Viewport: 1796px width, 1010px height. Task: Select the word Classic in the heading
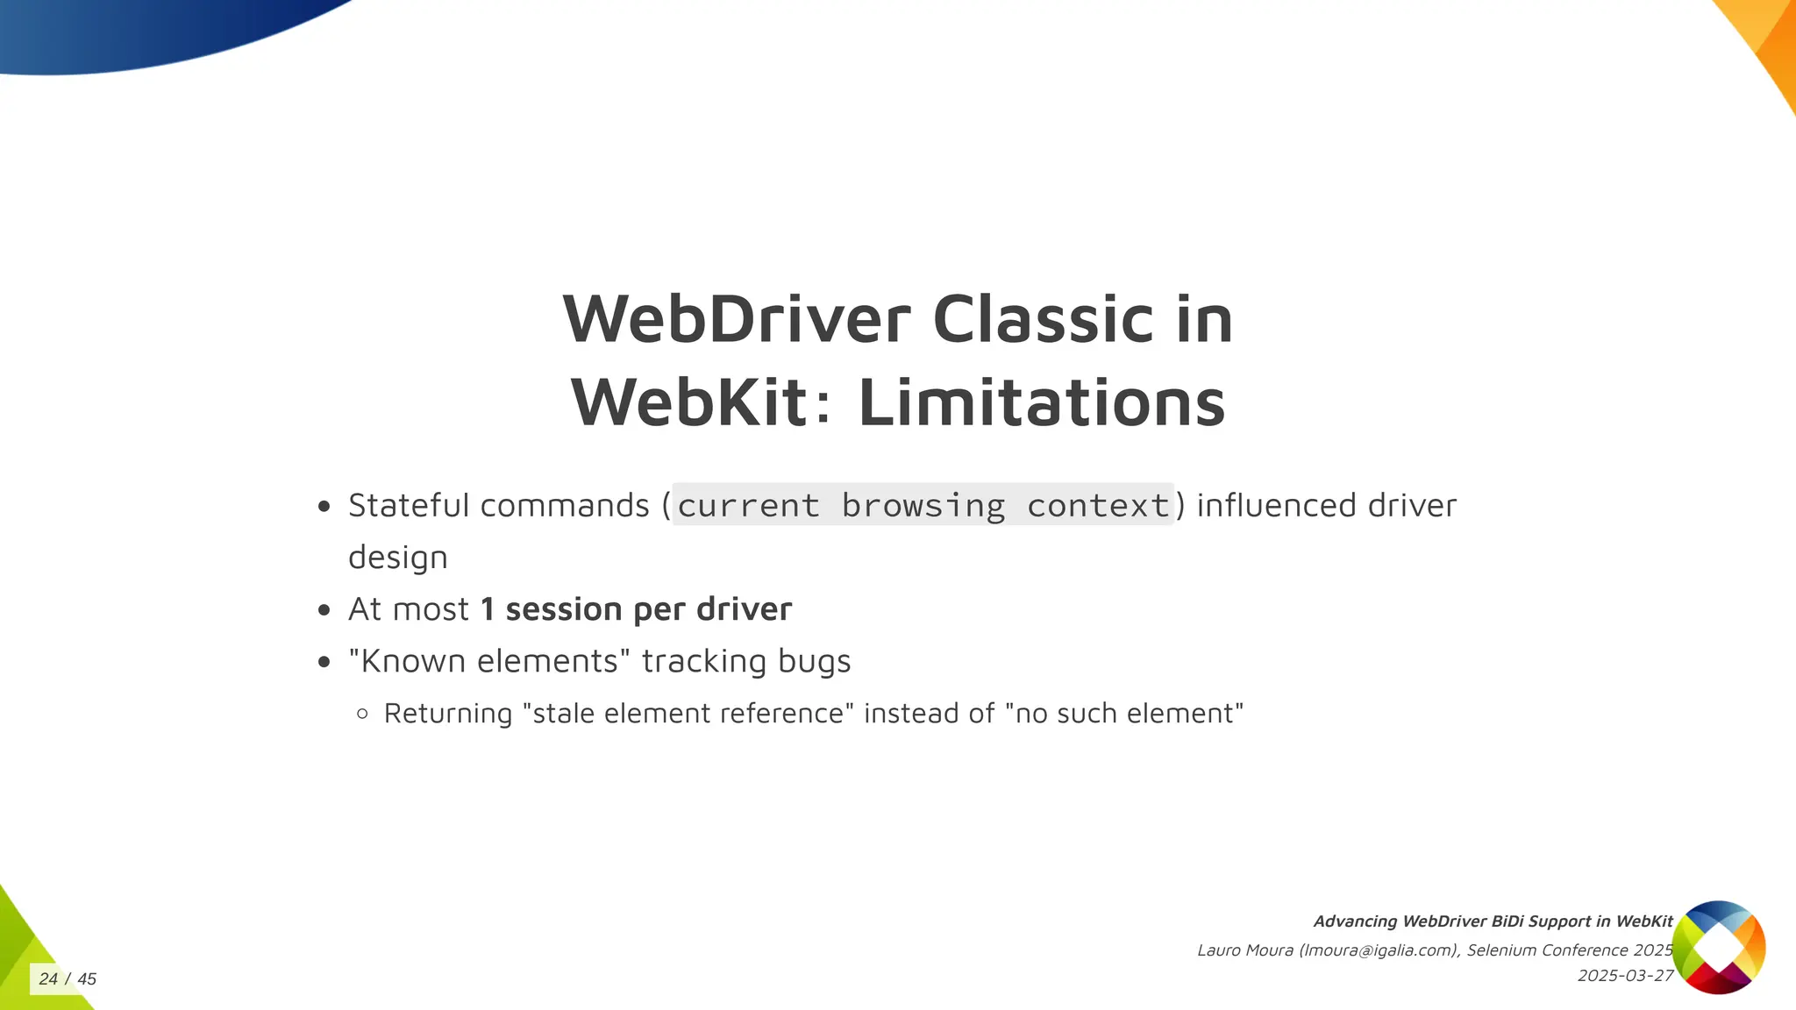coord(1042,319)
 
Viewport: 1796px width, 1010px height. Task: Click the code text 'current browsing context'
coord(923,506)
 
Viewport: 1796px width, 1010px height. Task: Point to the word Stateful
coord(409,506)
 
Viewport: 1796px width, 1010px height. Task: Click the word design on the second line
coord(397,558)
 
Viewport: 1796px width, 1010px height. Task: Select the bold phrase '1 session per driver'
coord(636,609)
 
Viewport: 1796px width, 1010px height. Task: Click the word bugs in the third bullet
coord(814,662)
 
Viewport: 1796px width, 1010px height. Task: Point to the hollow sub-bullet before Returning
coord(363,714)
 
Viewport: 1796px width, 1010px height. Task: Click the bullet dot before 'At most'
coord(324,610)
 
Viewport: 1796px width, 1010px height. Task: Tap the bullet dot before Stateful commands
coord(324,507)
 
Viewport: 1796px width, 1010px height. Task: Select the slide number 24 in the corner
coord(48,979)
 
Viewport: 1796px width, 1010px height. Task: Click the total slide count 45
coord(87,979)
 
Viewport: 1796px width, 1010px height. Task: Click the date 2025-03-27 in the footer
coord(1624,976)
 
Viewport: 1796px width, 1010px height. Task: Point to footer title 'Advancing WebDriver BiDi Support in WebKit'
coord(1493,921)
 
